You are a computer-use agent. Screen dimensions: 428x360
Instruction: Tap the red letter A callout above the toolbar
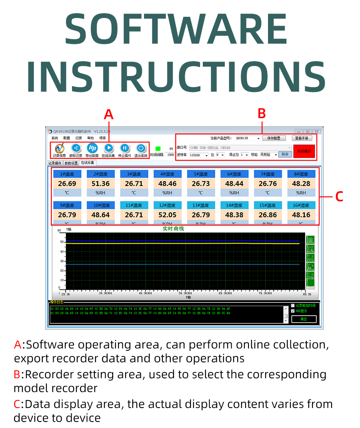108,115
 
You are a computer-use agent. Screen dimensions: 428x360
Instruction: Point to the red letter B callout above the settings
262,114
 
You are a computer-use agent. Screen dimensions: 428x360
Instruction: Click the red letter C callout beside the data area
339,197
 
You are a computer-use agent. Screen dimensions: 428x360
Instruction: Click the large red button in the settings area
304,151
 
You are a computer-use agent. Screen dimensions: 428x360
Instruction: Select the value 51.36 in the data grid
100,184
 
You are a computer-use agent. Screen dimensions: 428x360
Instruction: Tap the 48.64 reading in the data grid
100,215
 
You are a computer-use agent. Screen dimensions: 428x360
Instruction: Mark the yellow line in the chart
180,243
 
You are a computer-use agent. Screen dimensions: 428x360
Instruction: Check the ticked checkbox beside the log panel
293,311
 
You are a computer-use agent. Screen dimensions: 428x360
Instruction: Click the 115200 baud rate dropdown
199,155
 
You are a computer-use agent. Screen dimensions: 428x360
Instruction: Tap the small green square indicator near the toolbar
158,149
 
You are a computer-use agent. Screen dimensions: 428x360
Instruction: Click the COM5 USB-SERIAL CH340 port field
240,148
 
